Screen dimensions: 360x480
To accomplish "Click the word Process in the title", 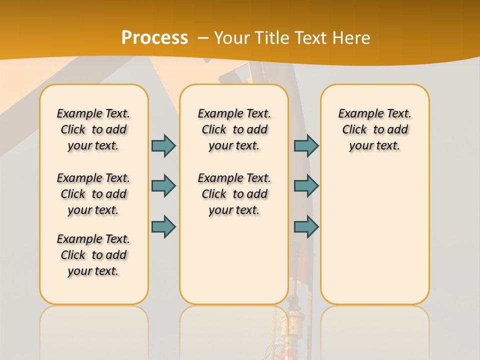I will point(154,38).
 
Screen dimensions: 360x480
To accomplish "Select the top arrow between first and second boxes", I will point(163,145).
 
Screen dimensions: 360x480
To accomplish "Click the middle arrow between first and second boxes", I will point(163,186).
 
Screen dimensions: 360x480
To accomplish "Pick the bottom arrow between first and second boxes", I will point(163,226).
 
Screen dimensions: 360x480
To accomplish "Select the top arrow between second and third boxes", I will point(306,145).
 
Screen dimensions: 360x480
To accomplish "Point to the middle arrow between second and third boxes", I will point(306,186).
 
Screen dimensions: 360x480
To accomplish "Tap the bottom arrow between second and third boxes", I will point(306,226).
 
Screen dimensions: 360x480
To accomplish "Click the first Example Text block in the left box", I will point(93,129).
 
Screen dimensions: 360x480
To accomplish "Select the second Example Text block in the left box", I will point(93,194).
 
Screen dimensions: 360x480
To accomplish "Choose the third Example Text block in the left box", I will point(93,255).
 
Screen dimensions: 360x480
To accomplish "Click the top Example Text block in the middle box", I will point(234,129).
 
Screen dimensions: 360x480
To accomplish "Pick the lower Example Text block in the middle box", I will point(234,194).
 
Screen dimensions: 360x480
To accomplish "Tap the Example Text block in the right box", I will point(375,129).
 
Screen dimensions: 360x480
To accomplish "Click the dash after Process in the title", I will point(203,38).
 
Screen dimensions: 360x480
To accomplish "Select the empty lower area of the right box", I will point(375,235).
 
